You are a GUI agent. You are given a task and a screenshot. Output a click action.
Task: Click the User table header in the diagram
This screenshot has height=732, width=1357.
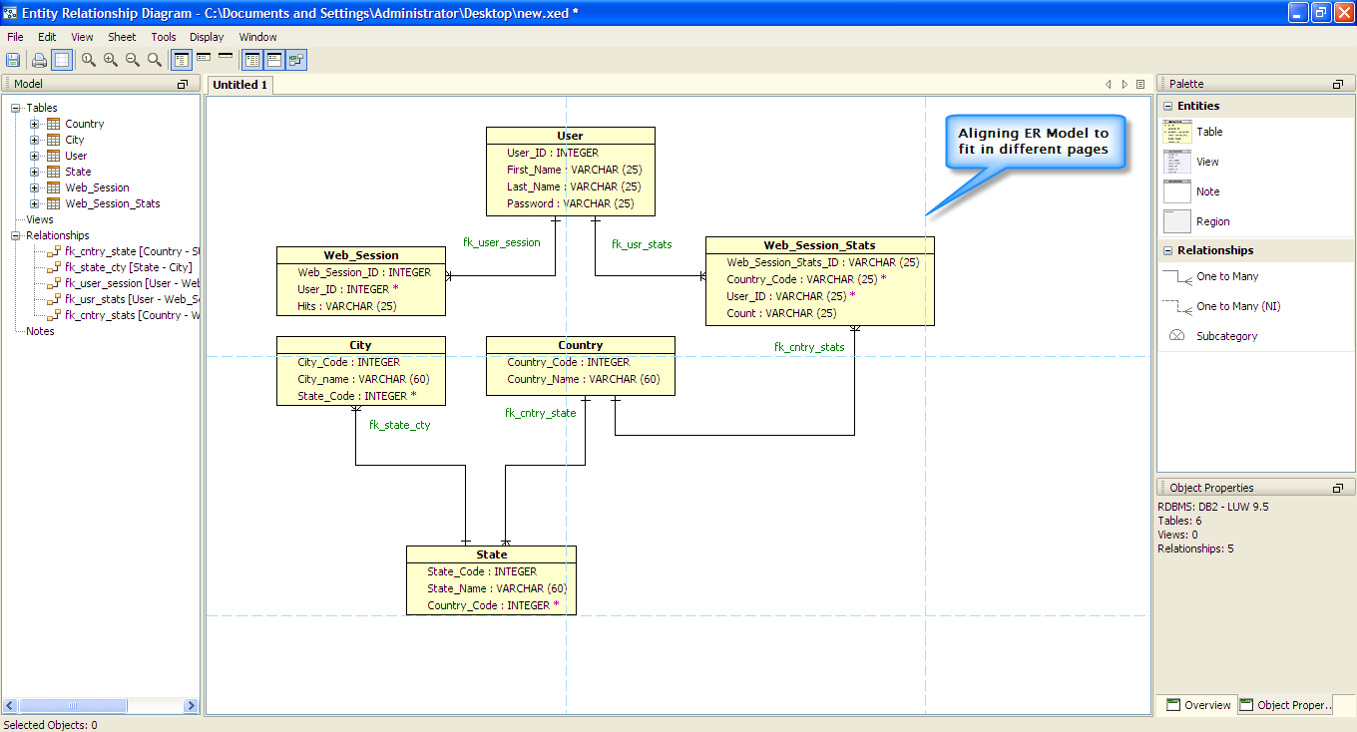tap(570, 136)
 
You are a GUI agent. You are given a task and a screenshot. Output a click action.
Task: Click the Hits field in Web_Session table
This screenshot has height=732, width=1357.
tap(346, 306)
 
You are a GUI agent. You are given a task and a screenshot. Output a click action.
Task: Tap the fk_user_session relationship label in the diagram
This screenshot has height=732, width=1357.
tap(502, 242)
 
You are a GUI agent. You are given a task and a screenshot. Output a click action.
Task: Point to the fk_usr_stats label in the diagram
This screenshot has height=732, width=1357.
tap(642, 244)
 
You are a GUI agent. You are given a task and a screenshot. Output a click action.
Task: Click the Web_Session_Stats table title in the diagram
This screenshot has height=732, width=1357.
tap(819, 245)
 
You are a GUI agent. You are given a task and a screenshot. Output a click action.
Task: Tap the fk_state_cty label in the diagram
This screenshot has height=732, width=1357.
tap(399, 425)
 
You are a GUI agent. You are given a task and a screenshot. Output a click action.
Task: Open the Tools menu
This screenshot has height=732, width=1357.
tap(164, 37)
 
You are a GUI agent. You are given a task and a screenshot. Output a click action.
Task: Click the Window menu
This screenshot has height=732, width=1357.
tap(257, 37)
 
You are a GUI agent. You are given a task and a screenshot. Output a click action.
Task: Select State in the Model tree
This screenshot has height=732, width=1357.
tap(78, 172)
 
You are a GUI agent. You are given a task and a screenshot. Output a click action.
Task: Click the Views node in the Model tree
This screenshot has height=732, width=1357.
tap(40, 219)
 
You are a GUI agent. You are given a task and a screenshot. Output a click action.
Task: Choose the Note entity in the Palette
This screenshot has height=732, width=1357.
tap(1207, 191)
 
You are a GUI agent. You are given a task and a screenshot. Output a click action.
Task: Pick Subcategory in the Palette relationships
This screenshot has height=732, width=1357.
tap(1226, 336)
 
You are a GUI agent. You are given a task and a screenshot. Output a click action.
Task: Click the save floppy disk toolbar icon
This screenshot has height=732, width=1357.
tap(13, 60)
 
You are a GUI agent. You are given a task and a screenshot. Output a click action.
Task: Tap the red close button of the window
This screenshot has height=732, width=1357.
tap(1343, 13)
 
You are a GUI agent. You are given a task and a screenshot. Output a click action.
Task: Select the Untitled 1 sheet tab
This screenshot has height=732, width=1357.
tap(240, 85)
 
